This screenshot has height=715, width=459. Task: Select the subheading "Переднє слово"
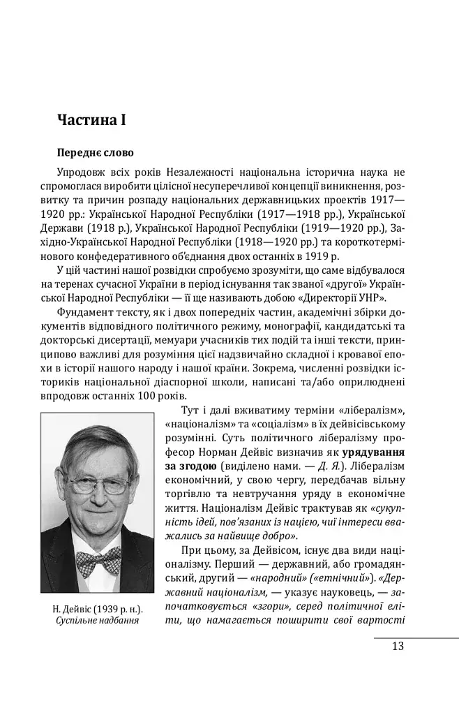point(95,152)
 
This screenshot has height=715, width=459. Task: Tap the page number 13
point(398,646)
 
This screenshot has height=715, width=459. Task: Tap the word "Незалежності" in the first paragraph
point(186,172)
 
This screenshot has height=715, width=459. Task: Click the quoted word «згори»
point(265,607)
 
